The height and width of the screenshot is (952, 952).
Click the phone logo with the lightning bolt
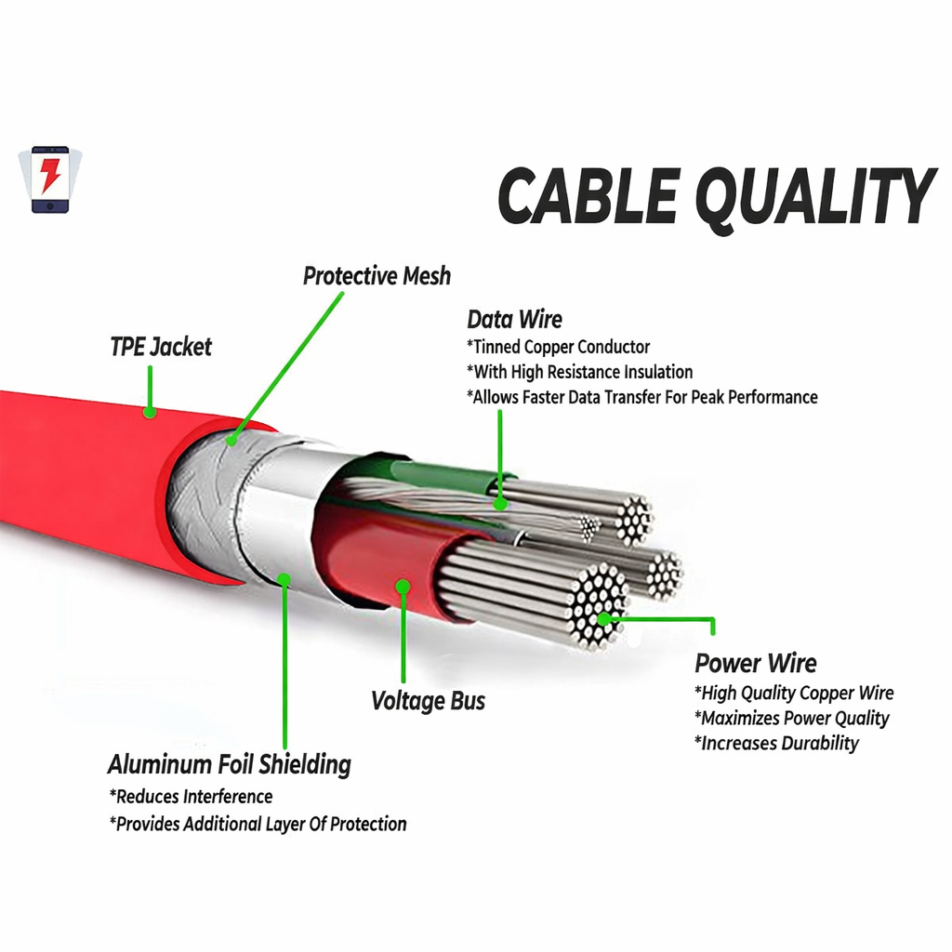pyautogui.click(x=50, y=178)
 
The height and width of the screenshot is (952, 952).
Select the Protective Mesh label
pyautogui.click(x=377, y=276)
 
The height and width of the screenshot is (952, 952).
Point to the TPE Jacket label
pyautogui.click(x=161, y=347)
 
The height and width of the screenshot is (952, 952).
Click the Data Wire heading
pyautogui.click(x=514, y=320)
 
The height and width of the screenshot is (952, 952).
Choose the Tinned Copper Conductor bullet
pyautogui.click(x=558, y=347)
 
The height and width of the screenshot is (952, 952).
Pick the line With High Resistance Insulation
pyautogui.click(x=579, y=372)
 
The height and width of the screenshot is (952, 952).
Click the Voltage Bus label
pyautogui.click(x=428, y=700)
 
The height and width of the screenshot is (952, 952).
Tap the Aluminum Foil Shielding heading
pyautogui.click(x=230, y=765)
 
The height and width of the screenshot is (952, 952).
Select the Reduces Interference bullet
pyautogui.click(x=191, y=797)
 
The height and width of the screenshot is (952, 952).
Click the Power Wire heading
pyautogui.click(x=756, y=664)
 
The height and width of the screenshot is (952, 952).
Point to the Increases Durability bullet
pyautogui.click(x=776, y=743)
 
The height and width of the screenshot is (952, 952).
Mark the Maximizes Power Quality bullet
pyautogui.click(x=791, y=718)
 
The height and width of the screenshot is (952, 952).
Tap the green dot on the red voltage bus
pyautogui.click(x=403, y=587)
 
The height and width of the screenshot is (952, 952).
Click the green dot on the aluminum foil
pyautogui.click(x=284, y=580)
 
